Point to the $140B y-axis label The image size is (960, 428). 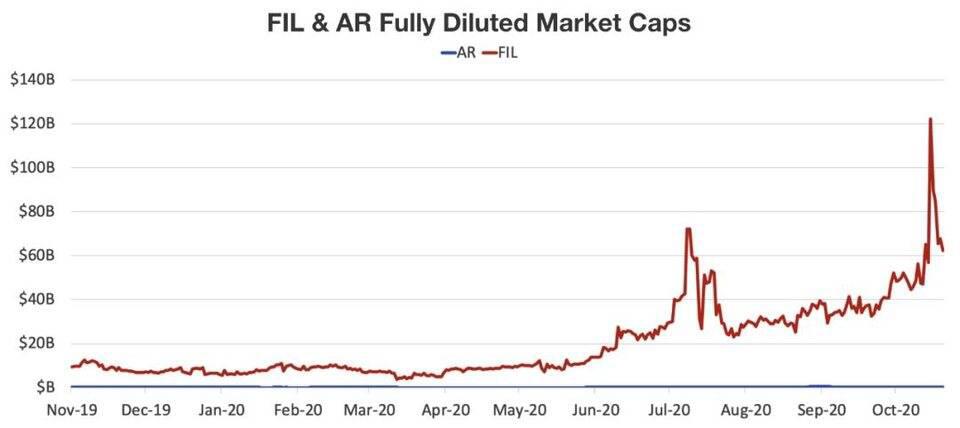[33, 80]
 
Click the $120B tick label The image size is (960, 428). [33, 124]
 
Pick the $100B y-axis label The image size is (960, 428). [33, 168]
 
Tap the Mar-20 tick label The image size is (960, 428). [371, 409]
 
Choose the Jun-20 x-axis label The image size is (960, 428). [595, 409]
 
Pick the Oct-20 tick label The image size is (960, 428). [895, 409]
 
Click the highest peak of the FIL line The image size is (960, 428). [930, 119]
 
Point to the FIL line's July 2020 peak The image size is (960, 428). [688, 229]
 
